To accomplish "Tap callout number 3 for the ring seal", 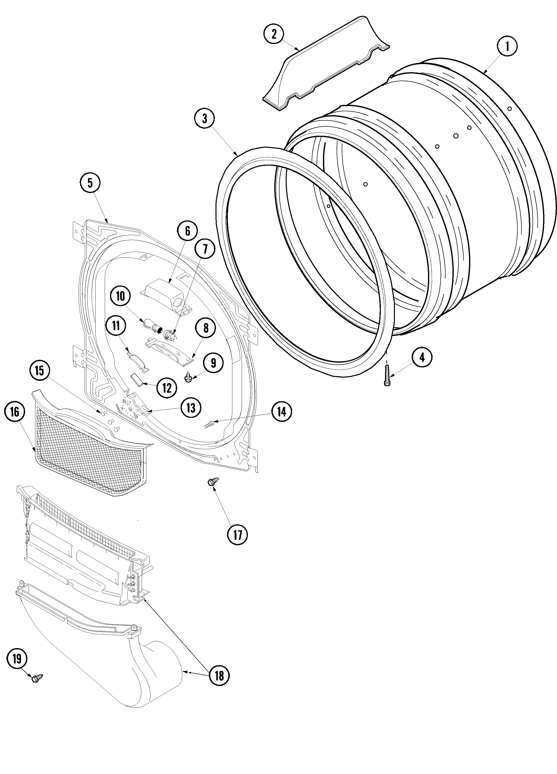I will point(205,119).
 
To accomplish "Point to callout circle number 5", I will point(90,183).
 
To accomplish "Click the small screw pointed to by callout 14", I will point(209,424).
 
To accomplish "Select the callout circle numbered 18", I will point(219,675).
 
